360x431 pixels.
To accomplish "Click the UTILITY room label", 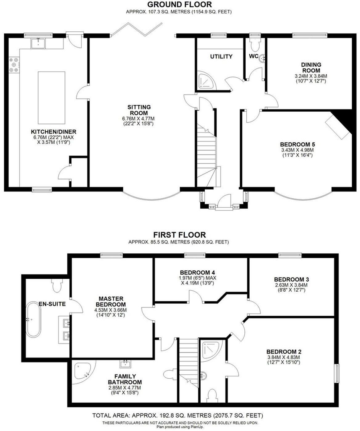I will [x=221, y=56].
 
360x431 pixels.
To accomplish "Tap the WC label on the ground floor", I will [x=253, y=56].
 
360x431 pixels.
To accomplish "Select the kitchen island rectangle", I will [x=51, y=97].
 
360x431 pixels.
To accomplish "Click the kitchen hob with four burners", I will [x=14, y=65].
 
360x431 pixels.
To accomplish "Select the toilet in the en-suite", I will [x=56, y=285].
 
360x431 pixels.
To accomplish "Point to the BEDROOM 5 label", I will [x=297, y=144].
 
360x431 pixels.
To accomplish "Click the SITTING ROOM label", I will [x=139, y=110].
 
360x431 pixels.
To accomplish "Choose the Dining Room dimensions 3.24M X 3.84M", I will [x=311, y=76].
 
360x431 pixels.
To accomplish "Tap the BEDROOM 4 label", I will [x=197, y=273].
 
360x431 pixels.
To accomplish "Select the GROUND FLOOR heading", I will [x=179, y=4].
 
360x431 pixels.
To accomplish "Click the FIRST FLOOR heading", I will [x=179, y=235].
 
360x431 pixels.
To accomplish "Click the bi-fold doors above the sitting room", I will [x=137, y=30].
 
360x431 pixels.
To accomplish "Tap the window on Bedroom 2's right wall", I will [x=337, y=374].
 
